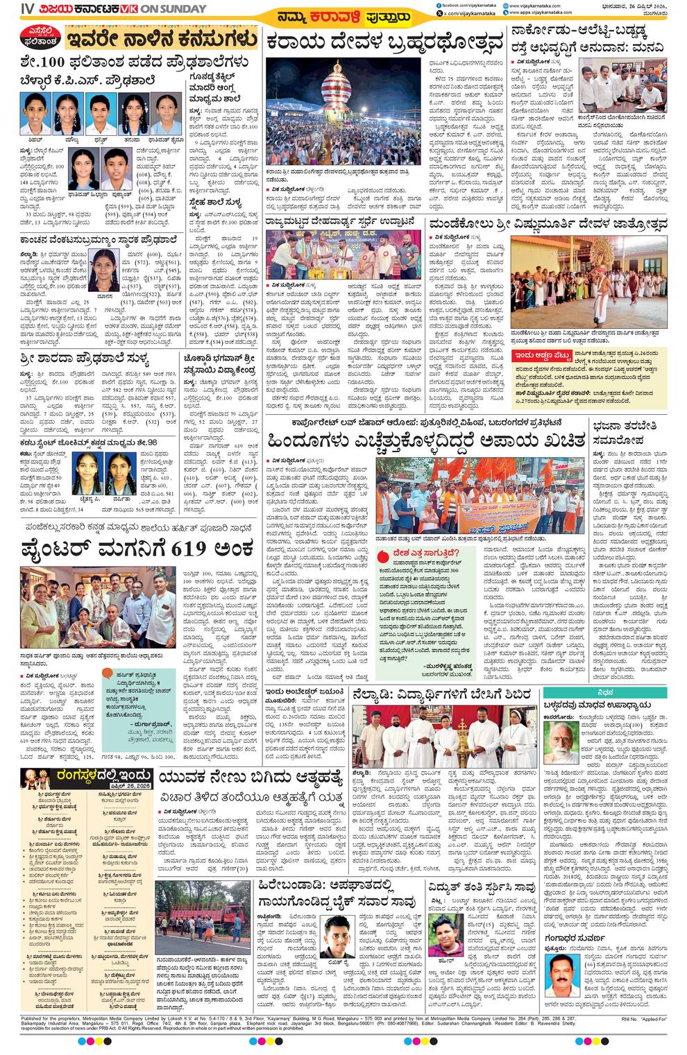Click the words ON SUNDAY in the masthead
[174, 9]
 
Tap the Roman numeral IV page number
[28, 9]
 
